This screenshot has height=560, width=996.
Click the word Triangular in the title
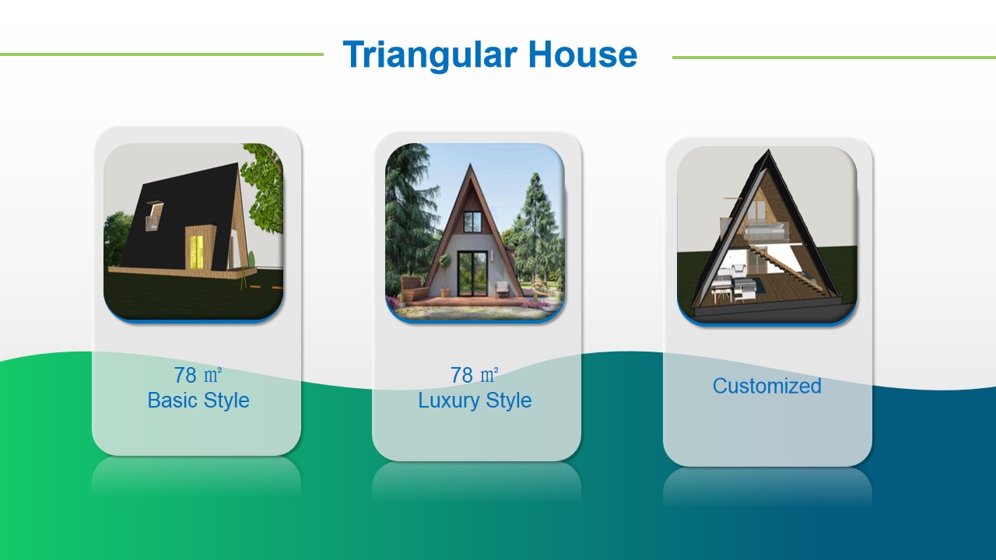[430, 55]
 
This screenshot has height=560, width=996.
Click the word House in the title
[583, 54]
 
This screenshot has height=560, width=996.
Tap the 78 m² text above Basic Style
[198, 375]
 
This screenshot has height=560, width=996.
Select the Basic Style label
[198, 400]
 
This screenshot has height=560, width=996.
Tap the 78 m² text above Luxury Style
[474, 375]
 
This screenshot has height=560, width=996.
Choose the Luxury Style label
[475, 400]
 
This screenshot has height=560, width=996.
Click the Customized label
[767, 386]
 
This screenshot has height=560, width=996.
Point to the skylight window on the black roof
[153, 216]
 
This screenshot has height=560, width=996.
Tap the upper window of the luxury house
[472, 222]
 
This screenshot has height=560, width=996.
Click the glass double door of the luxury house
[472, 274]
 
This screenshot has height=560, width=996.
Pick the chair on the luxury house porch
[503, 289]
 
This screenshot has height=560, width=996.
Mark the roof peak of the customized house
[768, 150]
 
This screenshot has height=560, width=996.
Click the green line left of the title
[162, 54]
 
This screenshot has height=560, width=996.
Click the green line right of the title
[834, 58]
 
